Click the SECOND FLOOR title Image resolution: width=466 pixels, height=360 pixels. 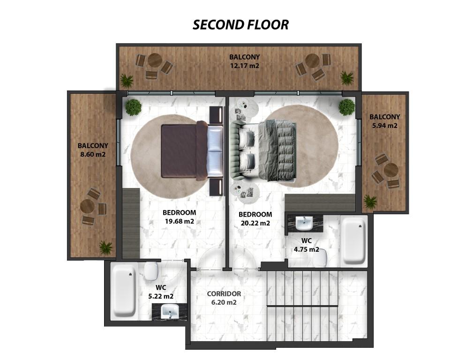pos(241,25)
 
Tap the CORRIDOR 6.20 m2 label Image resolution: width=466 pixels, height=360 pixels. pos(224,298)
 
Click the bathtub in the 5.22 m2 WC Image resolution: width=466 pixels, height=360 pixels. pos(124,291)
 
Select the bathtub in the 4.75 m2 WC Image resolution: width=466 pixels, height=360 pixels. pos(353,241)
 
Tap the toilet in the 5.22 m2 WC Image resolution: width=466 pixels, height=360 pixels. pos(151,271)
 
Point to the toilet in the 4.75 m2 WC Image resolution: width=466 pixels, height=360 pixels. pos(320,258)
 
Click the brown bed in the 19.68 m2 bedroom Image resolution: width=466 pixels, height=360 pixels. pos(192,151)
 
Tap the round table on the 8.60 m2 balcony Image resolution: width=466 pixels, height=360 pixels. pos(87,206)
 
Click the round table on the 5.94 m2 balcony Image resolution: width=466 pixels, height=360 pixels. pos(391,170)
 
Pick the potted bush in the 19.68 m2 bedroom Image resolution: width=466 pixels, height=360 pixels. pos(133,107)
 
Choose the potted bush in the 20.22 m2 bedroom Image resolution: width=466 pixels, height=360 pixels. pos(346,107)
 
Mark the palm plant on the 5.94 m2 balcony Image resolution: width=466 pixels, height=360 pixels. pos(370,202)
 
